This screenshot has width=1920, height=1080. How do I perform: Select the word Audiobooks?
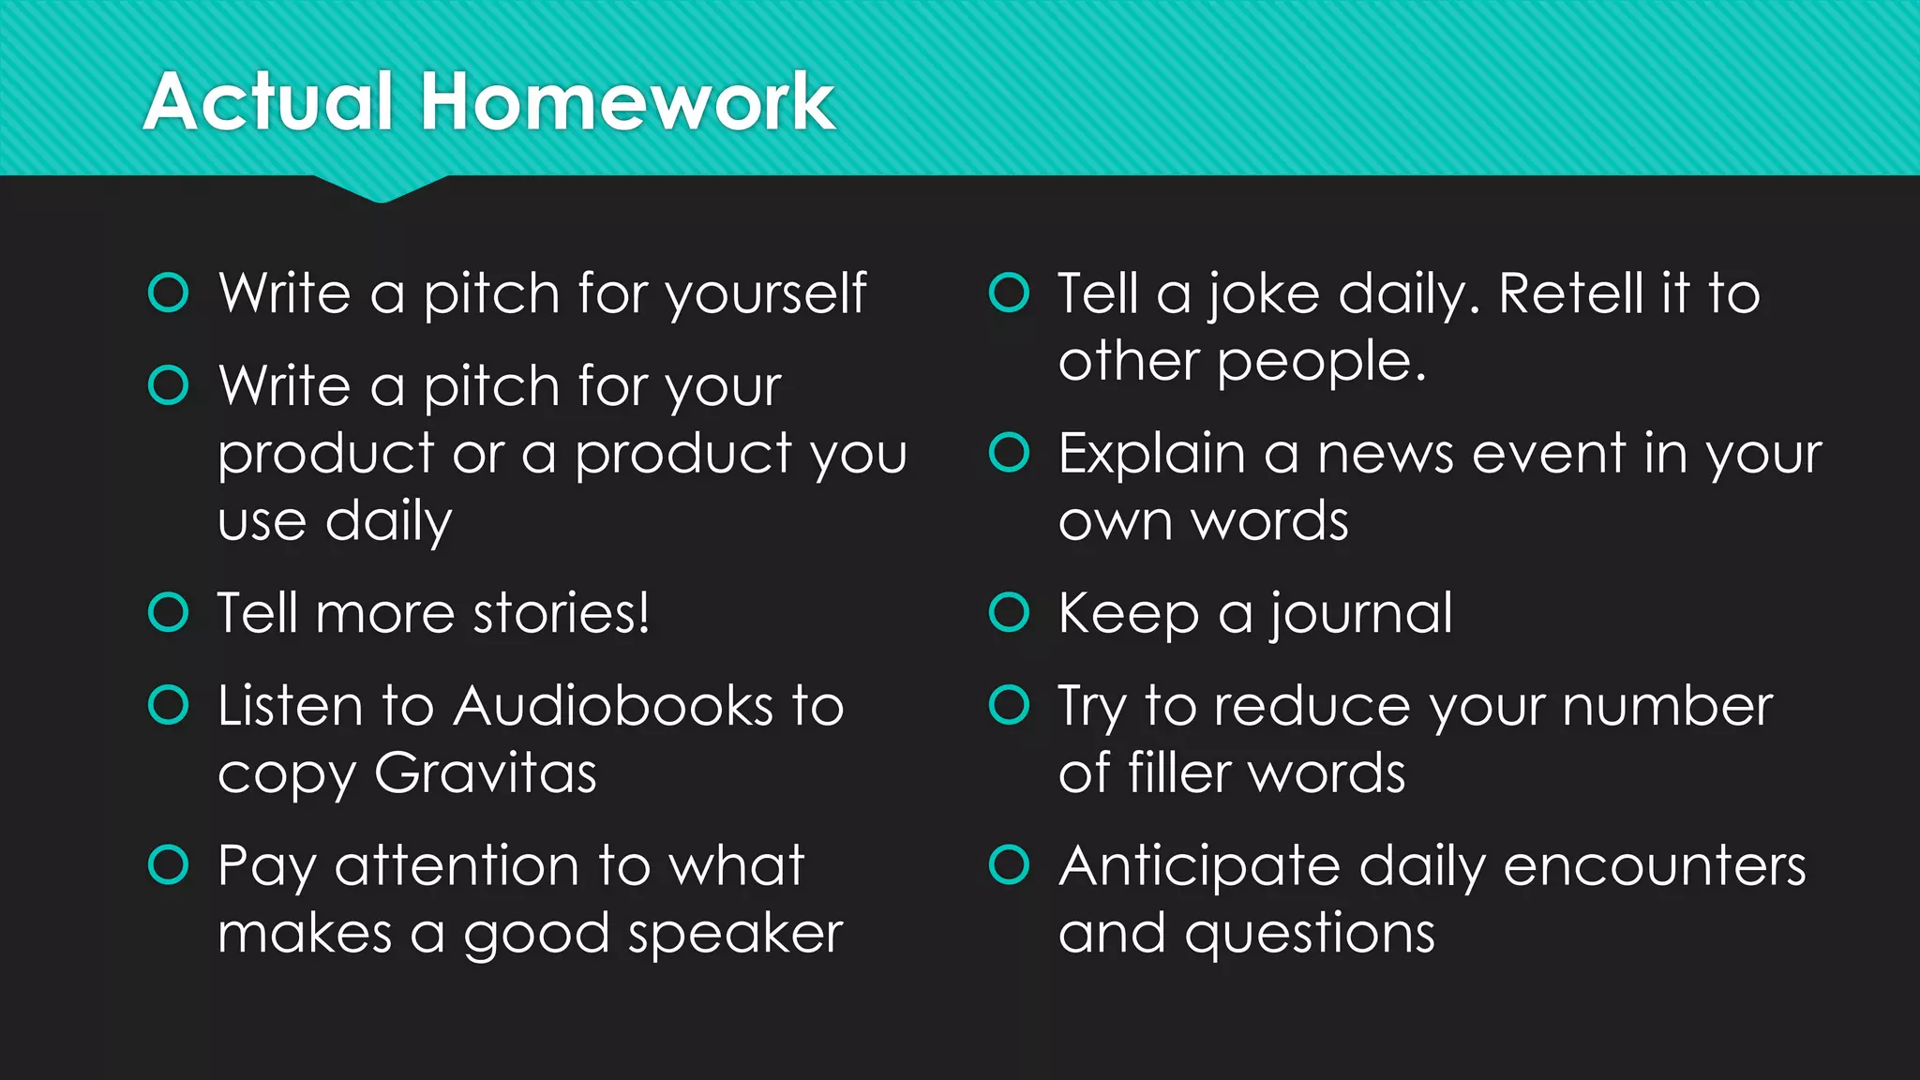614,706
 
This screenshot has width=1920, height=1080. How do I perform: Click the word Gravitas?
485,774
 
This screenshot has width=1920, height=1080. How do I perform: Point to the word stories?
561,614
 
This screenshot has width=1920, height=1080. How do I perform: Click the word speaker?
736,935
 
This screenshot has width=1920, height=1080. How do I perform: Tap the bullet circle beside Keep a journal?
1010,612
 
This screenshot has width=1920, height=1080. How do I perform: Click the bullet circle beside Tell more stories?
169,612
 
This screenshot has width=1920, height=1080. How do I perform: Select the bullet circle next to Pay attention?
169,864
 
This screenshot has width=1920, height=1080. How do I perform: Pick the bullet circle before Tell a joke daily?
1010,292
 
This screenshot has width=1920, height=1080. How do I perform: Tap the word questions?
1310,935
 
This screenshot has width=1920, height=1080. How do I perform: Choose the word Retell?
1570,294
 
